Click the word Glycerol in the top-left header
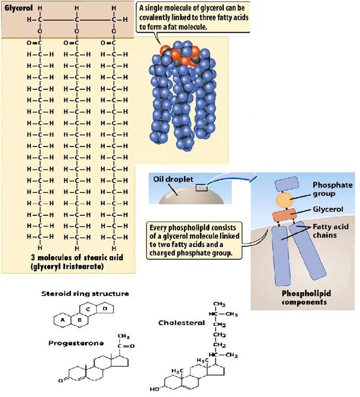pyautogui.click(x=19, y=8)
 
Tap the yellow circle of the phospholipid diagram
pyautogui.click(x=284, y=200)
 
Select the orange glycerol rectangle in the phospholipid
pyautogui.click(x=284, y=215)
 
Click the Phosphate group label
pyautogui.click(x=333, y=189)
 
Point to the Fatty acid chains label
pyautogui.click(x=330, y=231)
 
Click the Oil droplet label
pyautogui.click(x=173, y=179)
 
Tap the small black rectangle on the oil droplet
pyautogui.click(x=201, y=187)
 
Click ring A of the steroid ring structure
pyautogui.click(x=62, y=320)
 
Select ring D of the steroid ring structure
pyautogui.click(x=105, y=308)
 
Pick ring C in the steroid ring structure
pyautogui.click(x=88, y=309)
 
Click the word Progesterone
pyautogui.click(x=76, y=343)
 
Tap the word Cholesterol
pyautogui.click(x=181, y=322)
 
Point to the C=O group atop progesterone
pyautogui.click(x=126, y=346)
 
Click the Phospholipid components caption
pyautogui.click(x=306, y=298)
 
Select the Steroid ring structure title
pyautogui.click(x=85, y=293)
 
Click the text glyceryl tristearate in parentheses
pyautogui.click(x=67, y=267)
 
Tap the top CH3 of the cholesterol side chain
pyautogui.click(x=219, y=304)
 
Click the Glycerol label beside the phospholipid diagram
pyautogui.click(x=328, y=210)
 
